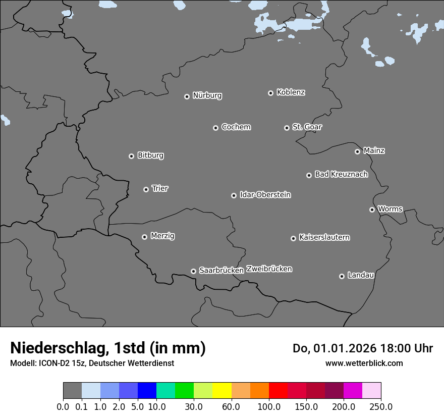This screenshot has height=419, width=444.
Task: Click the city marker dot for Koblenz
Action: [x=270, y=93]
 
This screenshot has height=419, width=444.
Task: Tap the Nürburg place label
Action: [x=207, y=95]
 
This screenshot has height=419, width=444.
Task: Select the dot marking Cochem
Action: [x=215, y=128]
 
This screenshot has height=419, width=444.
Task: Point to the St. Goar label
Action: [x=307, y=127]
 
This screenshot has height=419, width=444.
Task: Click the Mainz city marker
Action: [x=357, y=151]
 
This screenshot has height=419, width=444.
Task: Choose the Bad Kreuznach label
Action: [x=341, y=174]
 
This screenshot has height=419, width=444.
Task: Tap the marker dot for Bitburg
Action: [x=131, y=156]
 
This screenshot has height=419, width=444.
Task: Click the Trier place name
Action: [x=160, y=188]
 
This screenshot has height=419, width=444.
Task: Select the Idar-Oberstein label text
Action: [x=265, y=194]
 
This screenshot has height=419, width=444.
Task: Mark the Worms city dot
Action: [x=372, y=210]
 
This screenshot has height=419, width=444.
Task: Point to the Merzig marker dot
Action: [x=144, y=237]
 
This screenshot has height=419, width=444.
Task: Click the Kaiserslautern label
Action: [x=324, y=237]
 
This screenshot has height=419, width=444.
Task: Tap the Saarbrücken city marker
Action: [x=193, y=271]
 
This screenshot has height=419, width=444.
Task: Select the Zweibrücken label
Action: [x=269, y=269]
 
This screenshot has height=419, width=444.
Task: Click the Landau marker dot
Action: [x=342, y=276]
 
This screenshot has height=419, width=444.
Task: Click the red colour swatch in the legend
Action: [x=278, y=391]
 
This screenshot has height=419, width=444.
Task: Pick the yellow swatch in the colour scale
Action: [x=222, y=391]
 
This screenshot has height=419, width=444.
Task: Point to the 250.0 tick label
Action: [x=381, y=407]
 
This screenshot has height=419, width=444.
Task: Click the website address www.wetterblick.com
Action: [x=364, y=363]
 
